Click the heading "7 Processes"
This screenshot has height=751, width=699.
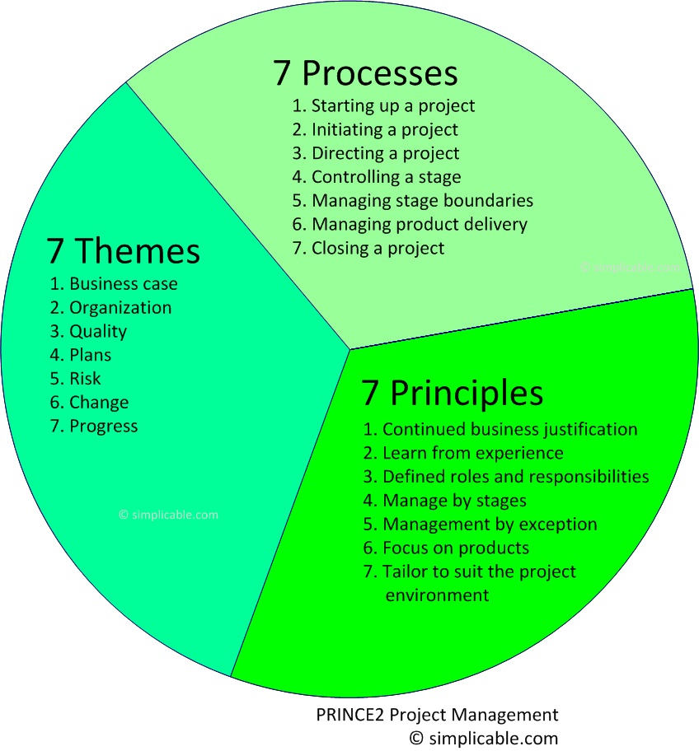365,73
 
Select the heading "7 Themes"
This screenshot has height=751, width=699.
124,251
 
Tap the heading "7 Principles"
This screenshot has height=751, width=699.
452,393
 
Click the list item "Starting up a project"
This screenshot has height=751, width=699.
383,105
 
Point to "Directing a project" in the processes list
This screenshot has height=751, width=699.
376,153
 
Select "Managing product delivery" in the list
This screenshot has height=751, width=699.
410,224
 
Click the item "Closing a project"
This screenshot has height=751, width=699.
368,248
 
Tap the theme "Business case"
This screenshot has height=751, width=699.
114,284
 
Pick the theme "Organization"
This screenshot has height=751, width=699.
111,308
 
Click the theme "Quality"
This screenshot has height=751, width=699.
89,331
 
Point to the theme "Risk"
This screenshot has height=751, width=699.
76,379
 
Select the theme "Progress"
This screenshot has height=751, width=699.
94,426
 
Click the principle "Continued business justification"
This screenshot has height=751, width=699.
500,429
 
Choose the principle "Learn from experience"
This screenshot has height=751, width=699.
463,453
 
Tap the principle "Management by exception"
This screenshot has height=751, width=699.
481,524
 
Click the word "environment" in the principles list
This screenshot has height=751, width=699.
437,595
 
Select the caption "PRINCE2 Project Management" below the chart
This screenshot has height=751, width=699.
437,715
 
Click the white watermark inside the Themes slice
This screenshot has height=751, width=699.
169,515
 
